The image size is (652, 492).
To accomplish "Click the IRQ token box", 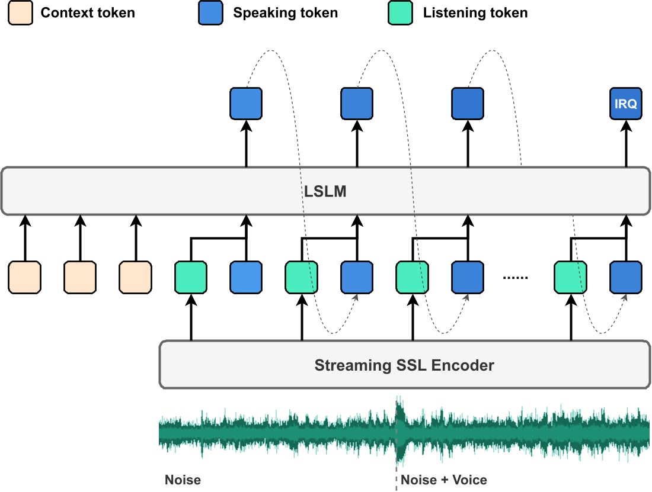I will coord(626,104).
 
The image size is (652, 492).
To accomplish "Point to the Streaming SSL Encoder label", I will coord(404,365).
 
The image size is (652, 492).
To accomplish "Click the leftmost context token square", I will coord(25,277).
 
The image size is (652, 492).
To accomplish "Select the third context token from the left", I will coord(136,277).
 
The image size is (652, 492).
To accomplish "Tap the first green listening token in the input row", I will coord(191,277).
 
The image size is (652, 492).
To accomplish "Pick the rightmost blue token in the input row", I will coord(626,277).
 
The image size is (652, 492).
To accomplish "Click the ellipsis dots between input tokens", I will coord(515,277).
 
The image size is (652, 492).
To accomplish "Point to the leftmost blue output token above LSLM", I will coord(246,104).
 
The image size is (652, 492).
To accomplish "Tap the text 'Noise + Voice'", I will coord(444,480).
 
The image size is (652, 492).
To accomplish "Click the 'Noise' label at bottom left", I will coord(183,480).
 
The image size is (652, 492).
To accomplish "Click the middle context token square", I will coord(80,277).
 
